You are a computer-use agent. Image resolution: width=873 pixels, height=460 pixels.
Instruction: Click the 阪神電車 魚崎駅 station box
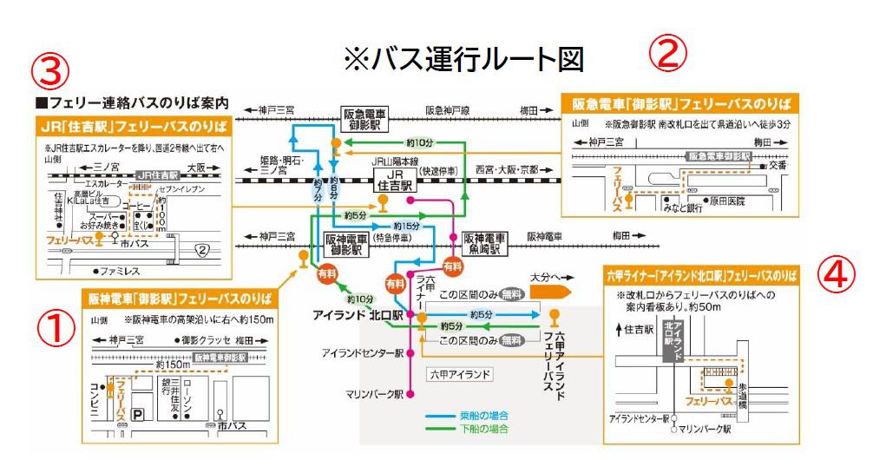[x=485, y=241]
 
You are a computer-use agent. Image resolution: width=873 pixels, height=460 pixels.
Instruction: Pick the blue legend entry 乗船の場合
[x=482, y=415]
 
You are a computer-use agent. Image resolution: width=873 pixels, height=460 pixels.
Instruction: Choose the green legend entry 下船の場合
[x=482, y=429]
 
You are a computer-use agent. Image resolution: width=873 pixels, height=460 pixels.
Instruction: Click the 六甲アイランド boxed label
[x=460, y=375]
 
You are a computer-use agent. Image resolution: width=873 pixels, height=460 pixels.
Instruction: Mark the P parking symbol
[x=138, y=417]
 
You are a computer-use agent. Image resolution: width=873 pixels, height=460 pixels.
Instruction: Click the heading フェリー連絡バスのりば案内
[x=130, y=102]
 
